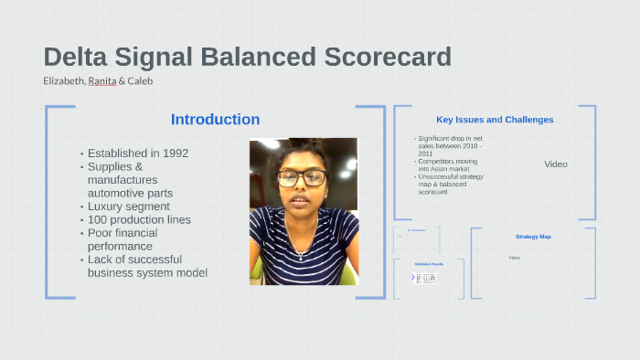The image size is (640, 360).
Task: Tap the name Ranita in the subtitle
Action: coord(101,80)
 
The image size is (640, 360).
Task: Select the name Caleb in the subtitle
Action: coord(140,80)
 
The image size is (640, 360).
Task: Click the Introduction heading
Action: coord(215,120)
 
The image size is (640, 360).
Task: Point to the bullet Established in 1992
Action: coord(137,153)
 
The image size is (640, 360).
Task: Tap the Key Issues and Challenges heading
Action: coord(495,120)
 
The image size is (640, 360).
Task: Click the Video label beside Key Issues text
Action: coord(556,164)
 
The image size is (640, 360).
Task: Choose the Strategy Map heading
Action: coord(533,237)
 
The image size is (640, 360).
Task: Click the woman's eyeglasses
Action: coord(301,178)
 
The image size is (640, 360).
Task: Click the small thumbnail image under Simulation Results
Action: coord(425,277)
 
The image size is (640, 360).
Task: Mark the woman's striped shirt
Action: coord(302,251)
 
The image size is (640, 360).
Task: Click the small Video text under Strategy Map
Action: coord(514,258)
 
